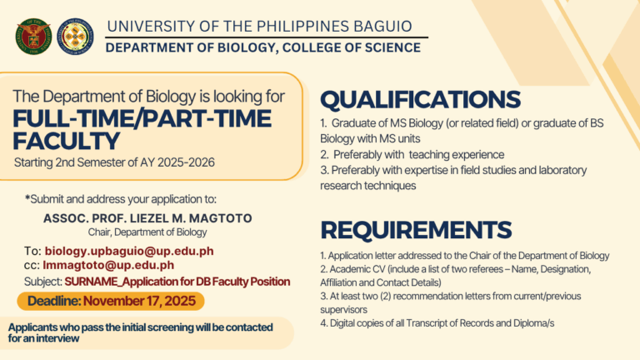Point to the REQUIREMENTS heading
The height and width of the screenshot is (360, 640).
point(416,229)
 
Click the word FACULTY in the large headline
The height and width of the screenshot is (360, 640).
point(67,140)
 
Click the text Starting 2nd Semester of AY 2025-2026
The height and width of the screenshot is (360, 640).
point(114,162)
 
